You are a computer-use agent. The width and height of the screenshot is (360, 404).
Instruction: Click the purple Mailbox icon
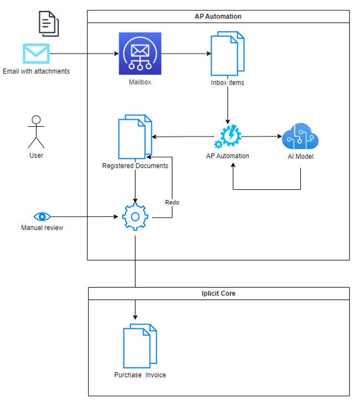[x=140, y=54]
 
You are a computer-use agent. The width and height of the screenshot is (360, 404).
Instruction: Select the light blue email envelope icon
[x=36, y=54]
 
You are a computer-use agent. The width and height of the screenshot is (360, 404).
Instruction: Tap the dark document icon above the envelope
[x=49, y=24]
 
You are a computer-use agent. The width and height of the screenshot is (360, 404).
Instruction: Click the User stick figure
[x=36, y=132]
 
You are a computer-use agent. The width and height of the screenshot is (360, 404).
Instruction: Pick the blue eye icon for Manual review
[x=42, y=217]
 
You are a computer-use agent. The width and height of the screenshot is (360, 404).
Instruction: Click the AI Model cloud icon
[x=300, y=136]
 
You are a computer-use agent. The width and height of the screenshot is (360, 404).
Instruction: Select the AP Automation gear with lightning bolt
[x=228, y=136]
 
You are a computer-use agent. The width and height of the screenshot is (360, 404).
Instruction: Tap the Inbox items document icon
[x=228, y=54]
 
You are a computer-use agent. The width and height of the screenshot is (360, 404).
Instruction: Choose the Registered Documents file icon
[x=135, y=137]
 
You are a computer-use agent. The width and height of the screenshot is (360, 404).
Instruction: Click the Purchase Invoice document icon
[x=140, y=346]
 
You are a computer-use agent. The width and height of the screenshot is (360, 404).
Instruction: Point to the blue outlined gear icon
[x=135, y=217]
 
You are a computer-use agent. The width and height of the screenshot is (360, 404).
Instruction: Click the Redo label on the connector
[x=172, y=203]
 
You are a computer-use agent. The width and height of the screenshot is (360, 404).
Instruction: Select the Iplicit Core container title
[x=218, y=293]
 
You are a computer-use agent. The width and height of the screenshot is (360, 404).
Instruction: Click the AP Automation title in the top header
[x=218, y=17]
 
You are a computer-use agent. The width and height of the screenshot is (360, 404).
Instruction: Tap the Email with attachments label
[x=37, y=71]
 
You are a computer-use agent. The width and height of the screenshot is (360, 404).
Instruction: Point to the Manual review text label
[x=42, y=228]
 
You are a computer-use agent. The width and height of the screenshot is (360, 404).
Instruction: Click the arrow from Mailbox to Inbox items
[x=186, y=54]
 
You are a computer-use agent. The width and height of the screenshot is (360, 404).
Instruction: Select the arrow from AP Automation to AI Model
[x=261, y=136]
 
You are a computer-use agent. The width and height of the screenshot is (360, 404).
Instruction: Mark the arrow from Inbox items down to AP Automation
[x=228, y=100]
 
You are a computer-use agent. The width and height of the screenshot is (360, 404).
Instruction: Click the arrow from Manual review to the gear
[x=84, y=217]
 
